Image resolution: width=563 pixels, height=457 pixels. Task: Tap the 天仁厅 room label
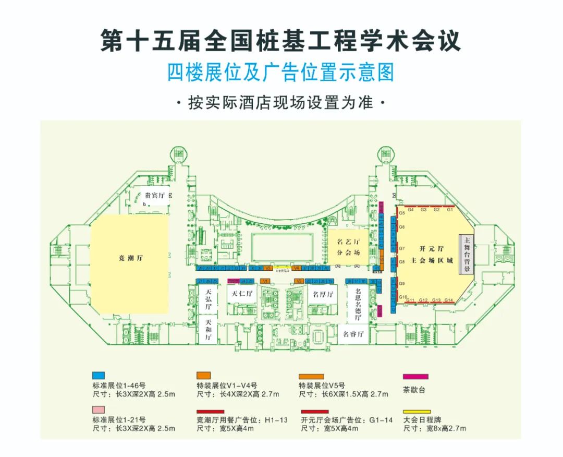(x=242, y=294)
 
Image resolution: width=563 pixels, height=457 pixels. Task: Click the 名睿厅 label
(x=352, y=333)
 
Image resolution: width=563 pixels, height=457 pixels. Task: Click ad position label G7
(x=402, y=248)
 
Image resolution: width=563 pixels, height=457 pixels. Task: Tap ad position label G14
(x=449, y=300)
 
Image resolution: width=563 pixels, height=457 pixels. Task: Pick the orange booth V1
(x=264, y=281)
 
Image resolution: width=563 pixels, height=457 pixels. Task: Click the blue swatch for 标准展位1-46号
(x=98, y=376)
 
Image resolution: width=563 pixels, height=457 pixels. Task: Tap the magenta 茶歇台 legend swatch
(x=416, y=376)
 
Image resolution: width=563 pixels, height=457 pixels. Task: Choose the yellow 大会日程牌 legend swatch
(x=416, y=412)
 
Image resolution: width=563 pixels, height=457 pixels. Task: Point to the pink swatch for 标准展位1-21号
(x=98, y=411)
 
